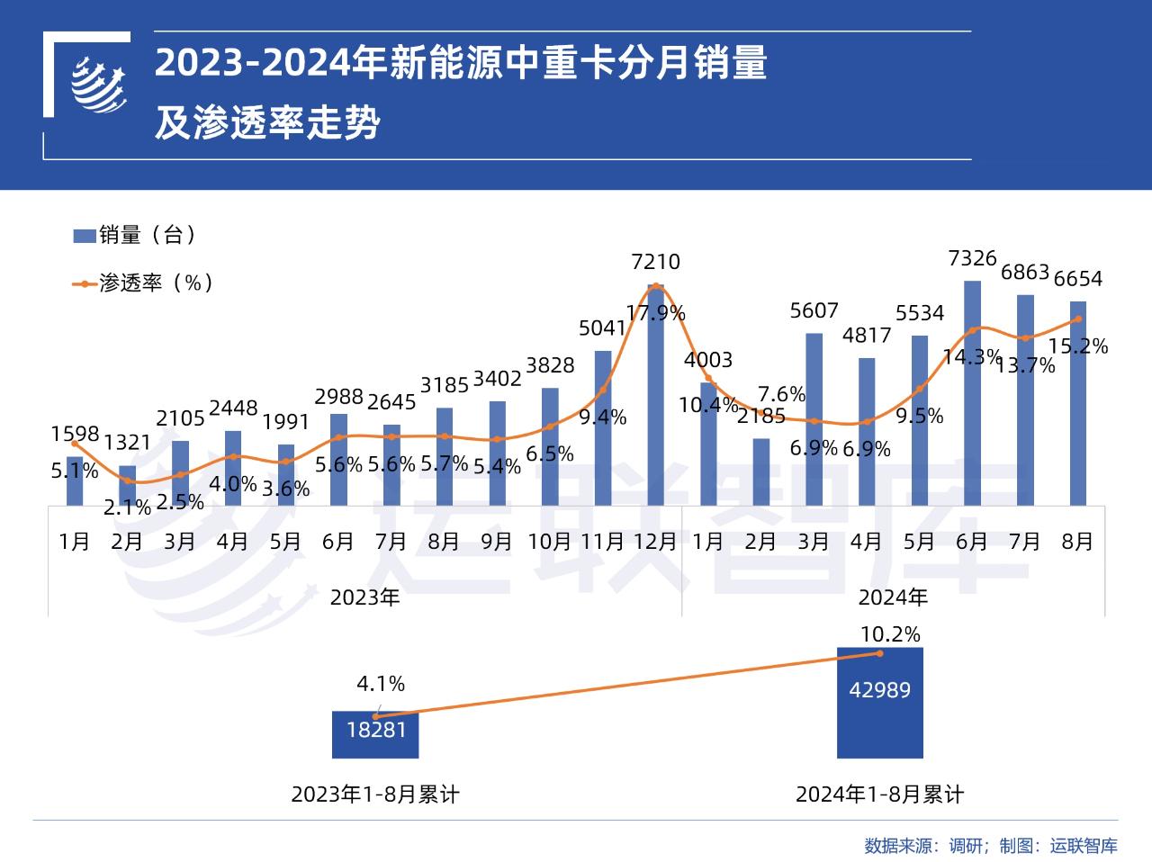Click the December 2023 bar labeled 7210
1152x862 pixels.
pyautogui.click(x=655, y=396)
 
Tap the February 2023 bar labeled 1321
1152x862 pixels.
pyautogui.click(x=127, y=486)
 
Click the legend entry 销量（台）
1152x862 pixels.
pyautogui.click(x=135, y=236)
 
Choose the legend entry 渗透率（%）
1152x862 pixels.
pyautogui.click(x=144, y=283)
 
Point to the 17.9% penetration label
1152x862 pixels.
pyautogui.click(x=656, y=313)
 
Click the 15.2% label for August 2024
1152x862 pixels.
pyautogui.click(x=1078, y=346)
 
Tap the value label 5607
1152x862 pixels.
pyautogui.click(x=814, y=311)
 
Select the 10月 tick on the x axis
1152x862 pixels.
pyautogui.click(x=549, y=542)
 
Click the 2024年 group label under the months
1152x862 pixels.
pyautogui.click(x=893, y=597)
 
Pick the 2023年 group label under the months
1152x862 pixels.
pyautogui.click(x=364, y=597)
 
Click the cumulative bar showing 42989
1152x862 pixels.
pyautogui.click(x=879, y=703)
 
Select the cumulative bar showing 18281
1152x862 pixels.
pyautogui.click(x=375, y=734)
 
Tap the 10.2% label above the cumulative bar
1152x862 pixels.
pyautogui.click(x=890, y=634)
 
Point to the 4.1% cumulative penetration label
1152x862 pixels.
pyautogui.click(x=381, y=684)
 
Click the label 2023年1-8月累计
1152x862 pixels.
pyautogui.click(x=375, y=795)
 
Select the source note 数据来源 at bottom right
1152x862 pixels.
pyautogui.click(x=990, y=846)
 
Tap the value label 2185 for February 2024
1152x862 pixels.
pyautogui.click(x=760, y=416)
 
